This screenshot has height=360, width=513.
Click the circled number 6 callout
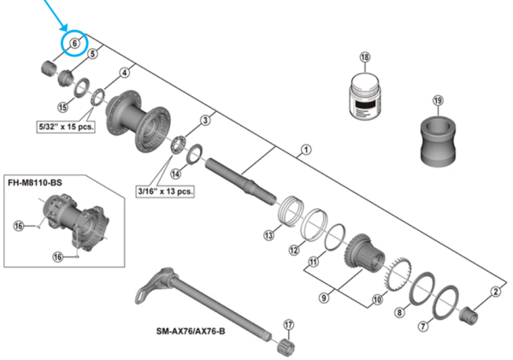tap(74, 43)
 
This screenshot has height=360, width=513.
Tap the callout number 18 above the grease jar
tap(365, 57)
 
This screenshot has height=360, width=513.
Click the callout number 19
tap(438, 101)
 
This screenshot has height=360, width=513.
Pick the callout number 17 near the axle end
tap(288, 324)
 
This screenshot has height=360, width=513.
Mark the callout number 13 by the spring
tap(268, 234)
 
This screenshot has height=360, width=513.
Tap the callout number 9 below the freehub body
tap(323, 297)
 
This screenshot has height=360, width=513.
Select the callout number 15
tap(62, 107)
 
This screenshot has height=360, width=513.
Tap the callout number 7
tap(422, 327)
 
